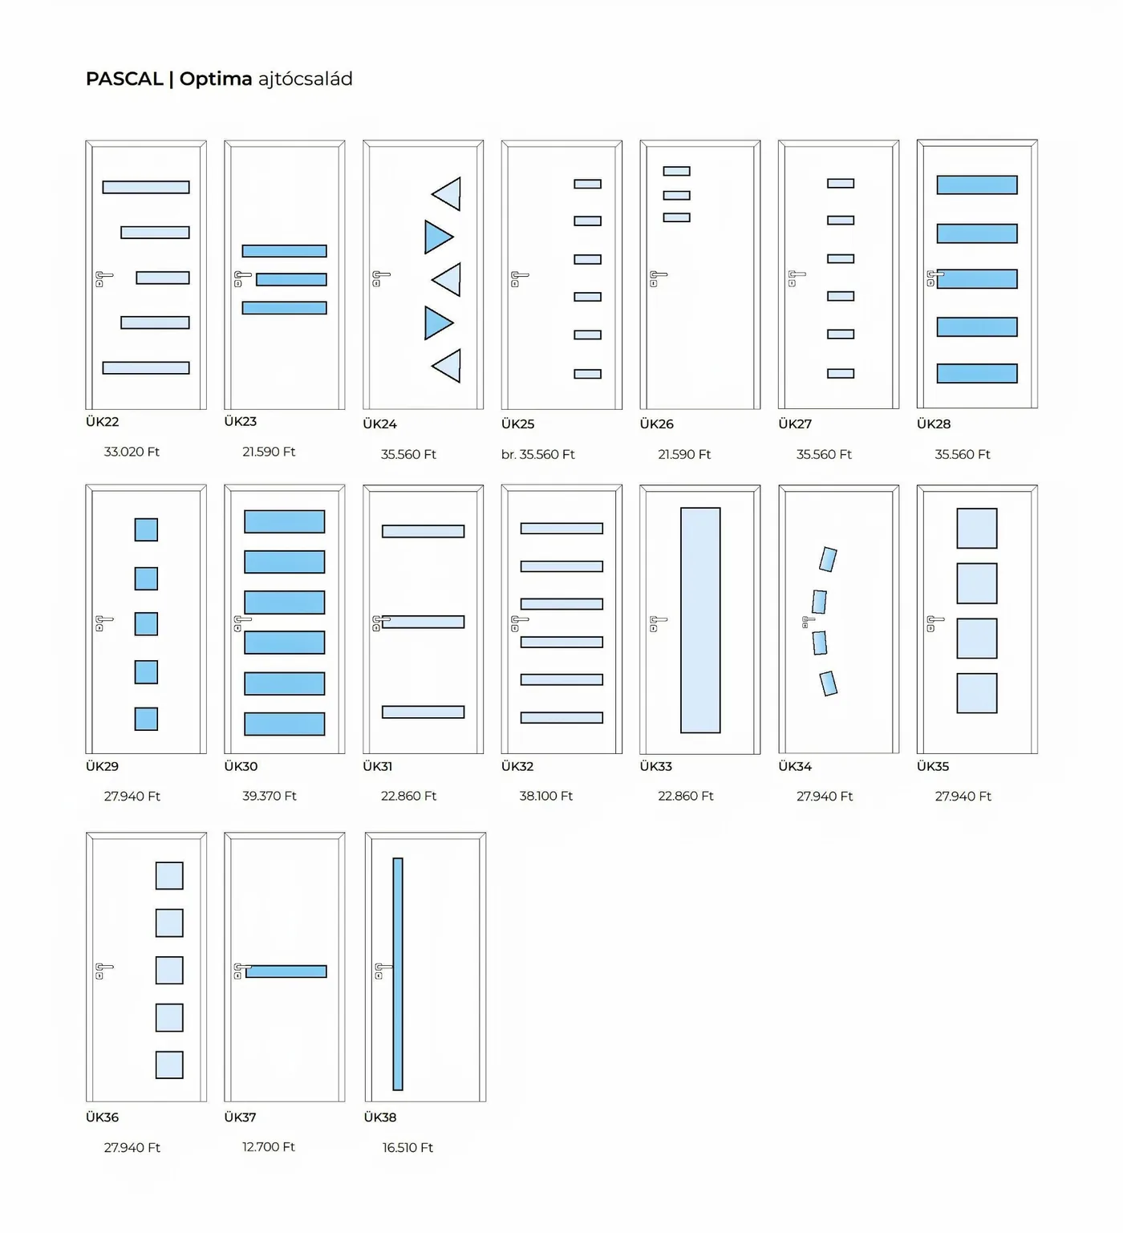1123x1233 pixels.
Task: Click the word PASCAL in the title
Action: coord(124,79)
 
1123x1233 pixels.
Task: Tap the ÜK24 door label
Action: coord(379,424)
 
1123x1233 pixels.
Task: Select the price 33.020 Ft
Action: coord(132,452)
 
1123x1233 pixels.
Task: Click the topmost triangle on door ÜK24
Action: coord(447,193)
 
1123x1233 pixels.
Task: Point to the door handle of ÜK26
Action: coord(658,278)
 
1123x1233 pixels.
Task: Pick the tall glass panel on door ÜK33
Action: coord(700,620)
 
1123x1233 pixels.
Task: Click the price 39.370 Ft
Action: coord(270,796)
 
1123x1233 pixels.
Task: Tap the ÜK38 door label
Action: coord(380,1117)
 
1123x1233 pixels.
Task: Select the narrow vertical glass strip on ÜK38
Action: coord(398,974)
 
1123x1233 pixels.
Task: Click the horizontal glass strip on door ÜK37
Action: coord(286,971)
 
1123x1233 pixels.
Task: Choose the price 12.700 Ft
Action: coord(269,1147)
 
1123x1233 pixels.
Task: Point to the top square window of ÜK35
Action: coord(977,528)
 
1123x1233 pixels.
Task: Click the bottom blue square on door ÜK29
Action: coord(146,719)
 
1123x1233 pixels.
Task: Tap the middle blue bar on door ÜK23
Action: coord(291,279)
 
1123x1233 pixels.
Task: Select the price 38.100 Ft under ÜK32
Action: coord(546,796)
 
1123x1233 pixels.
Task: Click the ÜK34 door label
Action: coord(795,766)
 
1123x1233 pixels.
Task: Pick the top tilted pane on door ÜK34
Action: coord(828,559)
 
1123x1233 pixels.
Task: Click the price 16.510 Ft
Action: coord(407,1147)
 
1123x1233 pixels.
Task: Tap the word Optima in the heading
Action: coord(216,79)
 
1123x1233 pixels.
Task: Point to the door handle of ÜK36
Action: coord(103,971)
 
